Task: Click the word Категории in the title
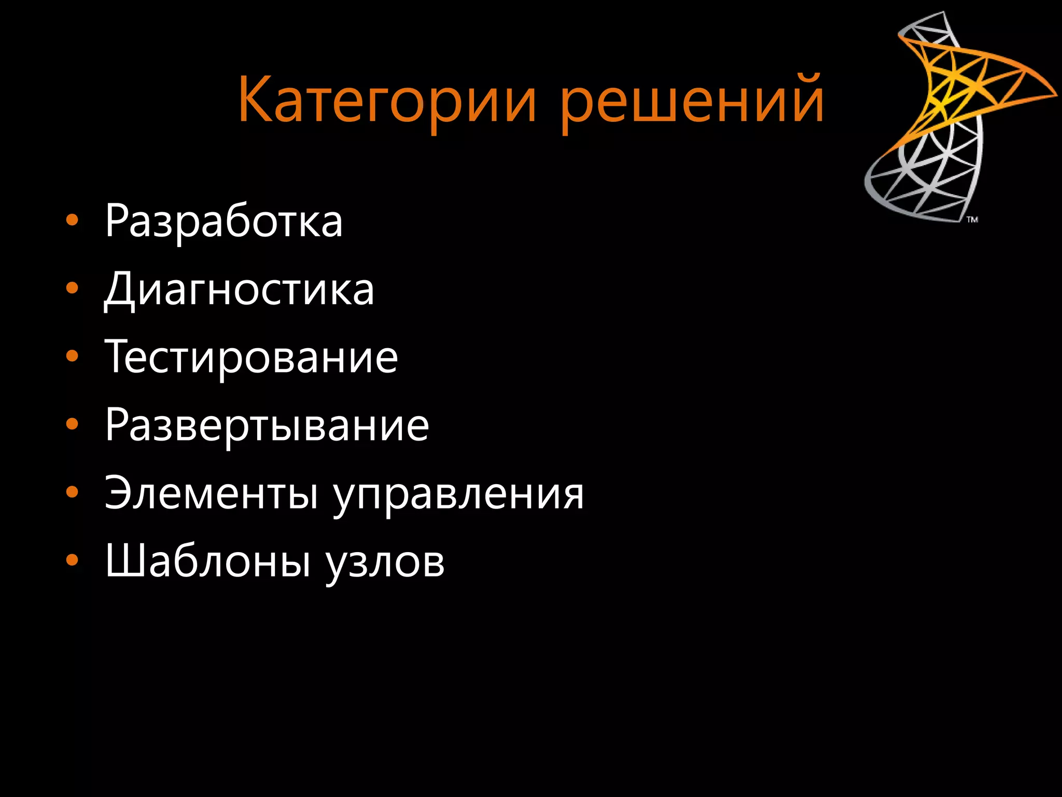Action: click(x=386, y=100)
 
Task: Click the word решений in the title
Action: click(x=692, y=100)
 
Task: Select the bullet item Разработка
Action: click(x=223, y=222)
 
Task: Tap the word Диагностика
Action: click(x=239, y=290)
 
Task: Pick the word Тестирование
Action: click(x=251, y=358)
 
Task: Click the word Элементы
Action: click(x=211, y=493)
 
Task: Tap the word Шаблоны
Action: click(x=208, y=561)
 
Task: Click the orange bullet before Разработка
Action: click(x=72, y=221)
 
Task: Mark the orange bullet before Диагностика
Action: click(x=72, y=288)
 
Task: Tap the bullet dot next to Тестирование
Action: click(x=72, y=356)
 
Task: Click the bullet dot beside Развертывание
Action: click(x=72, y=424)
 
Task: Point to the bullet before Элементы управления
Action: click(x=72, y=492)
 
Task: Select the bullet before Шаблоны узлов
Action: click(x=72, y=560)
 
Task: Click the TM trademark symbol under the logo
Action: click(x=972, y=219)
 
